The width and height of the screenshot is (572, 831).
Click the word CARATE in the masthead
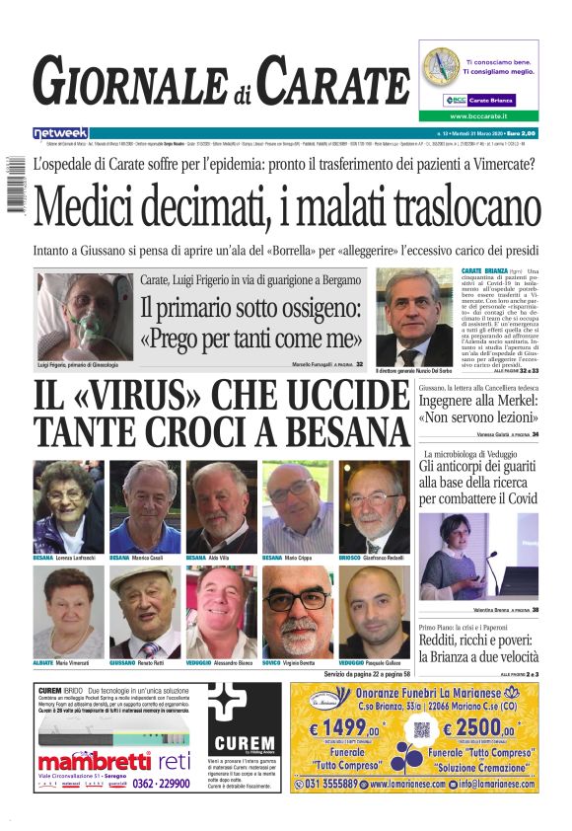(x=333, y=83)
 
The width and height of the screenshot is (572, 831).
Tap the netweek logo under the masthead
(x=60, y=132)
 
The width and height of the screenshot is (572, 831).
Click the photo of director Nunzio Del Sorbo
(x=414, y=316)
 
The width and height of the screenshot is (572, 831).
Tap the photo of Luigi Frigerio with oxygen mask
(x=85, y=316)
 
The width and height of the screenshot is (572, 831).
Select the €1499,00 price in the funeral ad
(x=344, y=730)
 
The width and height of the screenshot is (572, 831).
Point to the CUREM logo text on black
(x=243, y=742)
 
